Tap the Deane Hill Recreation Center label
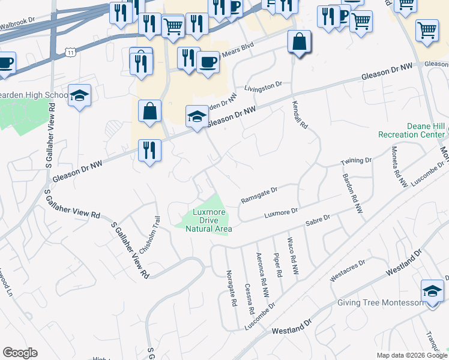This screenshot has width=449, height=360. pyautogui.click(x=412, y=130)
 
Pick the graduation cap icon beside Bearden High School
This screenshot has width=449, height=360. pyautogui.click(x=79, y=96)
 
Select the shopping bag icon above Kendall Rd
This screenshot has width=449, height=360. pyautogui.click(x=299, y=43)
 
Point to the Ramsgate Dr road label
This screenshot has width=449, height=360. pyautogui.click(x=259, y=192)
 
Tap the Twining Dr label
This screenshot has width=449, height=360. pyautogui.click(x=357, y=161)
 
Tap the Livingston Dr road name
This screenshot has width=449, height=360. pyautogui.click(x=263, y=88)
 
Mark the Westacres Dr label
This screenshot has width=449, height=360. pyautogui.click(x=348, y=271)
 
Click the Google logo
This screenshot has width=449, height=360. pyautogui.click(x=20, y=353)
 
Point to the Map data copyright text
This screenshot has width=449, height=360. pyautogui.click(x=412, y=355)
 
